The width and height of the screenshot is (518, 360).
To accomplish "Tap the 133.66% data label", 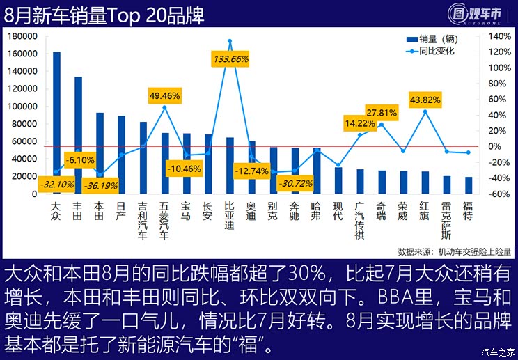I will coord(229,59).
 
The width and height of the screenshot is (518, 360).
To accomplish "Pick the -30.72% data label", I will coord(295,184).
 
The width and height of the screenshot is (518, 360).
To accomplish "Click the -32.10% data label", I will coord(57,185).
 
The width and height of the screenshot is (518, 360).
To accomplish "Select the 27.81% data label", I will coord(382,112).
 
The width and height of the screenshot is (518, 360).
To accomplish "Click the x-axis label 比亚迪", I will coord(229,216).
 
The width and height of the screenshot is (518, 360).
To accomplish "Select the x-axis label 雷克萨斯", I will coord(446,221).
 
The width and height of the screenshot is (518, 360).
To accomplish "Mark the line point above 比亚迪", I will coord(230,41).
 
